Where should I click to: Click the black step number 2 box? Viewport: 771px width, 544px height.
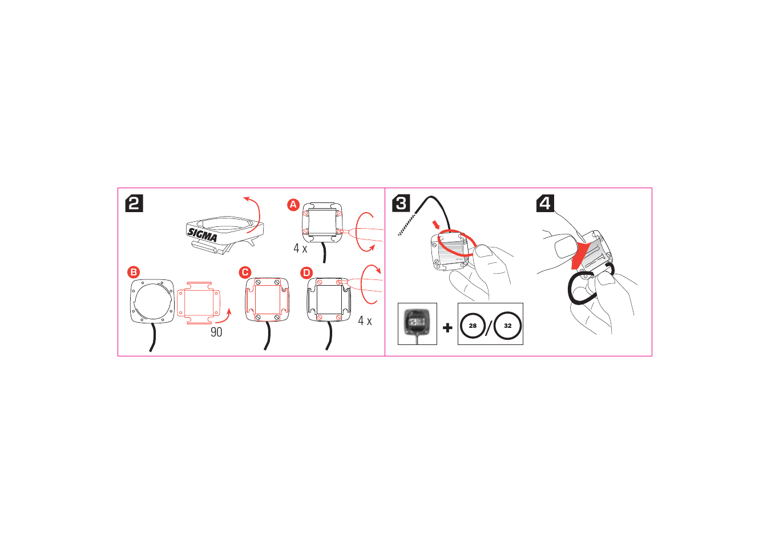[134, 203]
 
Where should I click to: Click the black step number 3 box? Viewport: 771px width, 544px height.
[401, 203]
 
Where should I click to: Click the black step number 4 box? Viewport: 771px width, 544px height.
[545, 203]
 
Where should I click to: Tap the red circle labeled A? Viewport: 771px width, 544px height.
[293, 205]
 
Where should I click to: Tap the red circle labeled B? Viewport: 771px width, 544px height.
[134, 272]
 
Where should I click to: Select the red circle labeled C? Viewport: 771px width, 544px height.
[245, 273]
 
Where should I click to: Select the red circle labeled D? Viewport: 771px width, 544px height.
[306, 273]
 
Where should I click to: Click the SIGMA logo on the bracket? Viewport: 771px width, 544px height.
[203, 234]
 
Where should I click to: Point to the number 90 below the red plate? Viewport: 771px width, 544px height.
[216, 332]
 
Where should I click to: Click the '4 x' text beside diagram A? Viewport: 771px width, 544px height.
[300, 249]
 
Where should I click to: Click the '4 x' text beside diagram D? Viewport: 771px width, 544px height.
[365, 321]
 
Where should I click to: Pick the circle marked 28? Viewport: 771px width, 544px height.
[473, 326]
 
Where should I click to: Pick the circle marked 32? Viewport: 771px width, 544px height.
[507, 326]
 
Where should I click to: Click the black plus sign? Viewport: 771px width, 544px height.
[447, 327]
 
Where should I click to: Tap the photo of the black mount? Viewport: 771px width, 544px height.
[417, 323]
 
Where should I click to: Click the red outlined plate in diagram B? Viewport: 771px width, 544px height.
[198, 302]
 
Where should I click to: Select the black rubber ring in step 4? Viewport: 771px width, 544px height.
[582, 290]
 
